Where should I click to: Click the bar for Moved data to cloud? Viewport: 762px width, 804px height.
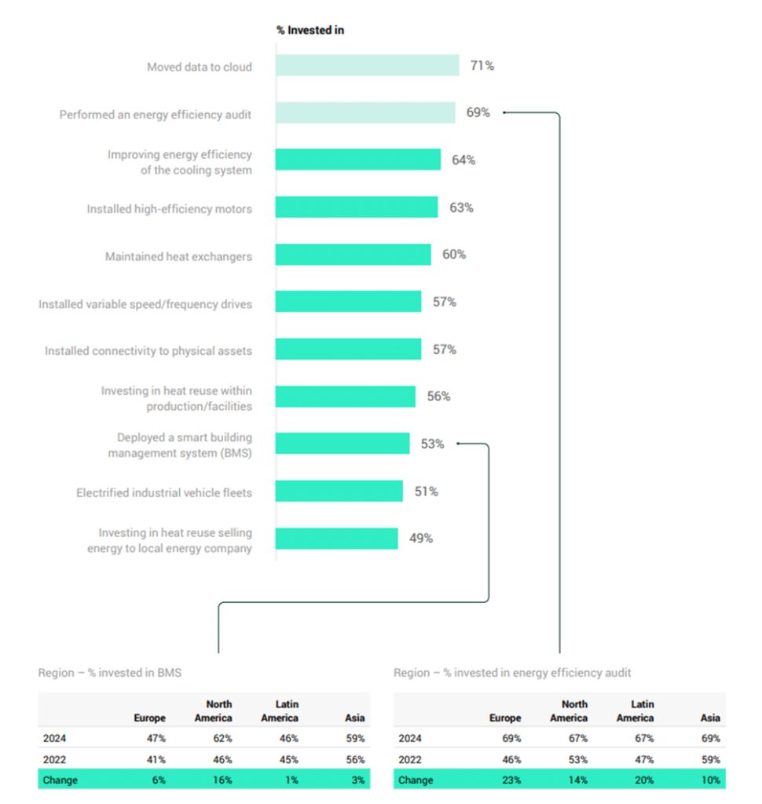[x=367, y=66]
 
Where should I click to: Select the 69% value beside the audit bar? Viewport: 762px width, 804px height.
[x=478, y=112]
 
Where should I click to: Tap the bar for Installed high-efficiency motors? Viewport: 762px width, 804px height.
[x=356, y=207]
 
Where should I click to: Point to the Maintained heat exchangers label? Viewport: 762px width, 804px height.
[x=178, y=257]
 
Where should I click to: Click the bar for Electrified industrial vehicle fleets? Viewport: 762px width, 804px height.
[x=339, y=492]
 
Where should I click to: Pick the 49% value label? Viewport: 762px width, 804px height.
[x=420, y=539]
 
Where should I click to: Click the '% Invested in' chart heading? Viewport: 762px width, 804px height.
[x=310, y=30]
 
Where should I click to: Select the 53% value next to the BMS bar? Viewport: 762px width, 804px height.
[x=432, y=444]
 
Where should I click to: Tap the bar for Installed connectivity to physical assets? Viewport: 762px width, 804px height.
[x=348, y=349]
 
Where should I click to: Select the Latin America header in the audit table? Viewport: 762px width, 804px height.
[x=635, y=711]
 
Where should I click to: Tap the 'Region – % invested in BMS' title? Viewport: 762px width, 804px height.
[x=110, y=673]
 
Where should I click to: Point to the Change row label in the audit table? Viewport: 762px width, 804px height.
[x=415, y=780]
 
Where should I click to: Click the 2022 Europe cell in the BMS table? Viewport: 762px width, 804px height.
[x=154, y=759]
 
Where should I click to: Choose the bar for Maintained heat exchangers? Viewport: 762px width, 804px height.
[x=353, y=254]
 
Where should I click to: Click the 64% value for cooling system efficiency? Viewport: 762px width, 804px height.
[x=463, y=160]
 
